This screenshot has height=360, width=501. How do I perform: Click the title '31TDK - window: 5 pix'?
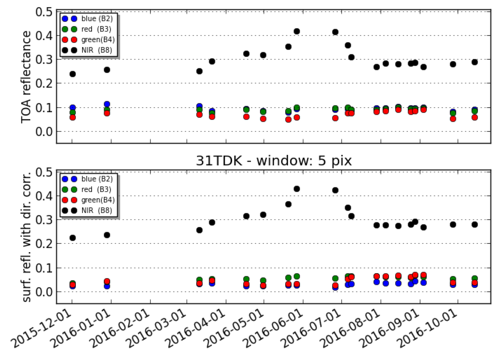click(274, 161)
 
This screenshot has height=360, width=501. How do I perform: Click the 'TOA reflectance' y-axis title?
click(26, 77)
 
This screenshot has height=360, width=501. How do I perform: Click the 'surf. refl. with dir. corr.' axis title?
click(26, 237)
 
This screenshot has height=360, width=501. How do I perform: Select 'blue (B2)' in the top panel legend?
click(97, 19)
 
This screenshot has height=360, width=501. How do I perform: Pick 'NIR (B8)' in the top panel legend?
click(96, 50)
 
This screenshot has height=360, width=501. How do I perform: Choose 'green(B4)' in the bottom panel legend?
click(98, 200)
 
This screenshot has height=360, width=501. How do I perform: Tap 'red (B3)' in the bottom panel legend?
click(96, 189)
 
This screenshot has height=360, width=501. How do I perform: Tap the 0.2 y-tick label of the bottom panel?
click(44, 244)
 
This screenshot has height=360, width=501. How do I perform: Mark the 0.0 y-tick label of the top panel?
click(44, 131)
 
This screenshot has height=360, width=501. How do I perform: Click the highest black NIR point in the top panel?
click(296, 31)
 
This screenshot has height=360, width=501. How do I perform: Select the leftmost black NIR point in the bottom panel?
click(73, 238)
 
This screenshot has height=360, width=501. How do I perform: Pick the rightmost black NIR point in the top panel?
click(475, 62)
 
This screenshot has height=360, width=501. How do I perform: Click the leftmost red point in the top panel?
click(73, 117)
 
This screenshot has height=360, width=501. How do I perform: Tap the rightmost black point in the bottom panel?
click(475, 225)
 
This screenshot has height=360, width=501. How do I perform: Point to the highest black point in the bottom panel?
click(296, 189)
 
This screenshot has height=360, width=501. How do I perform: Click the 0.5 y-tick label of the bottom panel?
click(44, 172)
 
